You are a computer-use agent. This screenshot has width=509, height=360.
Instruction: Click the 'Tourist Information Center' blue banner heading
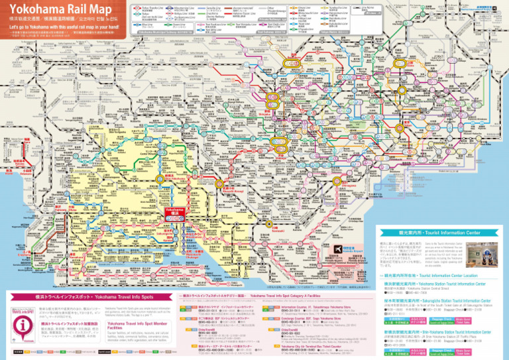click(x=438, y=233)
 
